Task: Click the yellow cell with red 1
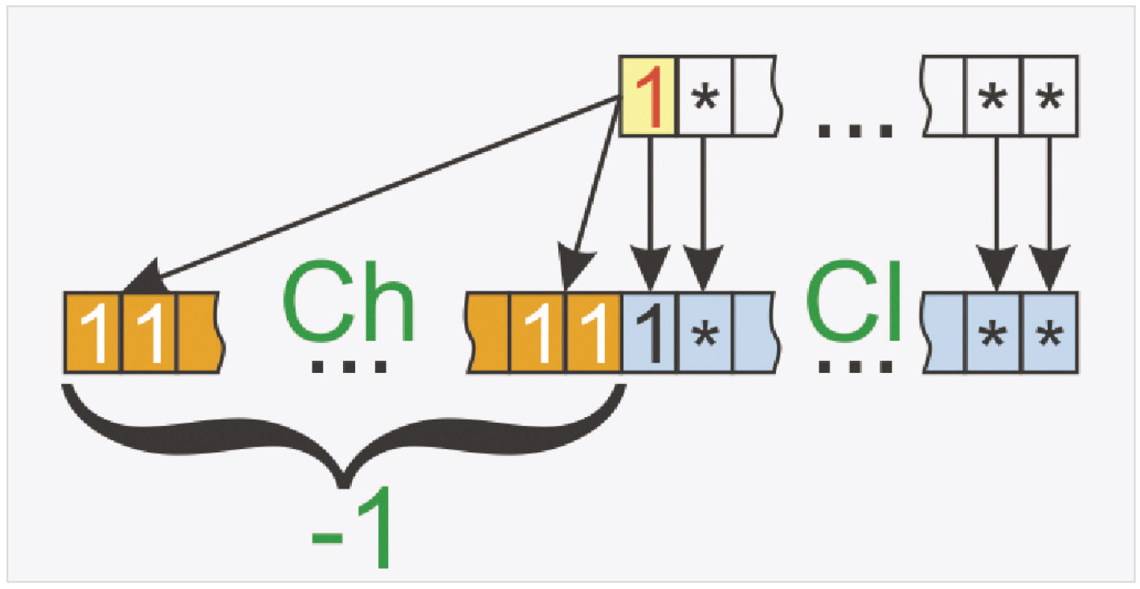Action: tap(648, 94)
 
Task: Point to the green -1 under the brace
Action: tap(352, 534)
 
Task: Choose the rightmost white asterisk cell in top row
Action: tap(1048, 95)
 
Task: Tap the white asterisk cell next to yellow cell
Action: tap(704, 95)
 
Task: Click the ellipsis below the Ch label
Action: tap(348, 366)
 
